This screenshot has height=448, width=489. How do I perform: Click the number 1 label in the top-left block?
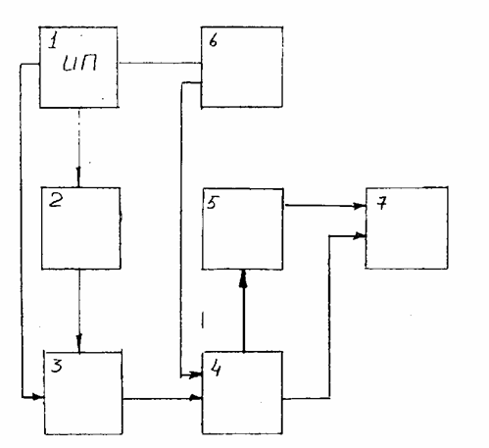click(53, 41)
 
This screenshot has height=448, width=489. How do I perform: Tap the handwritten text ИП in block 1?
click(80, 63)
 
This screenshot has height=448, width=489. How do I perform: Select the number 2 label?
click(56, 200)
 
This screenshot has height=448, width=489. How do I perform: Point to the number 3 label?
click(57, 365)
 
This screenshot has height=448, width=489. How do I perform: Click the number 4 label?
click(216, 369)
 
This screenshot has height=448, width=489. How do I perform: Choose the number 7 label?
click(381, 203)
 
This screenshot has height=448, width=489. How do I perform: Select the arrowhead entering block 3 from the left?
click(38, 397)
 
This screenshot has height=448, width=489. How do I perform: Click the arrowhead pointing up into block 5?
click(243, 278)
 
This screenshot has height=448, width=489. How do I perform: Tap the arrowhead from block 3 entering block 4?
click(196, 398)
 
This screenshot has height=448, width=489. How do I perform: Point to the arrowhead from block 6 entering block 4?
click(195, 374)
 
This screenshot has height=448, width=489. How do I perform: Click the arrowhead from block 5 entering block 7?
click(359, 206)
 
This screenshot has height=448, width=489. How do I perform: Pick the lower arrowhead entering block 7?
click(359, 235)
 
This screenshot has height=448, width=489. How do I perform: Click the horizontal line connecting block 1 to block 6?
click(160, 63)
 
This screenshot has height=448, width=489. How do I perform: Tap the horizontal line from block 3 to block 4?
click(163, 398)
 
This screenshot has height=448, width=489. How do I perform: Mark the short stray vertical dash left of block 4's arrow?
click(203, 320)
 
